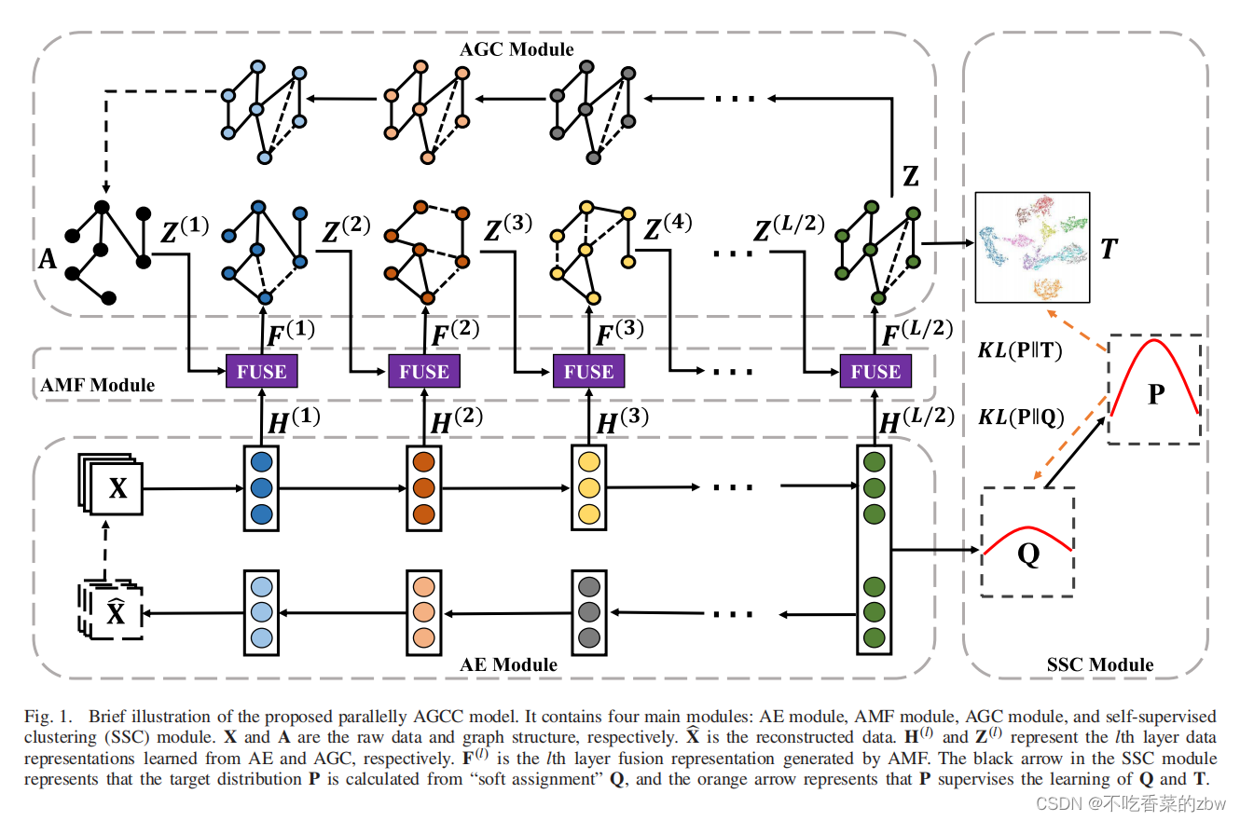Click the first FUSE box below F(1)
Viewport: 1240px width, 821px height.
pos(262,372)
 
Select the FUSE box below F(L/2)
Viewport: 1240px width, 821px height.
pos(875,372)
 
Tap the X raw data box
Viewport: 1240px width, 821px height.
pos(117,488)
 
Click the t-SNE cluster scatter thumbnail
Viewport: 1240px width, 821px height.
pos(1032,247)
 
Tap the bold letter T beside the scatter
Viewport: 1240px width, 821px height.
pos(1109,249)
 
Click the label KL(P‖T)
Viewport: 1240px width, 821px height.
pos(1021,350)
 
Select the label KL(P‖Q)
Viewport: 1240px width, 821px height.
pos(1021,417)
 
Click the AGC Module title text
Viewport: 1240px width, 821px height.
pos(517,48)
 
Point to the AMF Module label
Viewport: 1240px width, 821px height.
pos(98,384)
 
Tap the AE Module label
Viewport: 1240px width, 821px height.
pos(508,664)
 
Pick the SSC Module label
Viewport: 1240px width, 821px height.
pos(1100,664)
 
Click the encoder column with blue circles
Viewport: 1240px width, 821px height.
pos(261,487)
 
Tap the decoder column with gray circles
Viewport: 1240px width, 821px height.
pos(588,613)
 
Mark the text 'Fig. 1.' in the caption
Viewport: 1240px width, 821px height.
pos(48,717)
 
